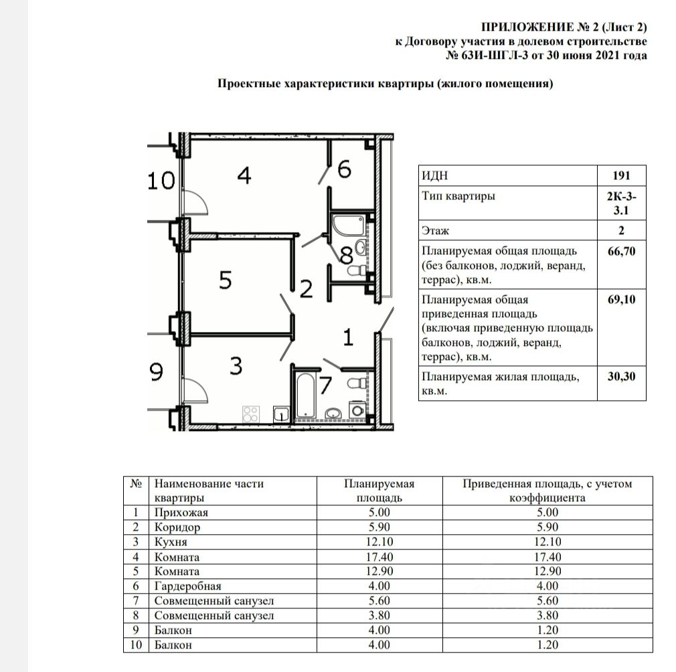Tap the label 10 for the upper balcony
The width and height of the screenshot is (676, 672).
(x=161, y=181)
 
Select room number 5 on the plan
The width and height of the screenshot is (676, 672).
(x=226, y=280)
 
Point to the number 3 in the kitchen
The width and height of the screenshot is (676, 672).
(x=235, y=367)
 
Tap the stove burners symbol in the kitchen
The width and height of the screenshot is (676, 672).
(x=250, y=414)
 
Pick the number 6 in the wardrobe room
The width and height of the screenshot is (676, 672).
(x=344, y=170)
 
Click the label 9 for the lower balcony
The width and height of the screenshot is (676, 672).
(x=157, y=372)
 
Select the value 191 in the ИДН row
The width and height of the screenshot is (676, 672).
(x=622, y=176)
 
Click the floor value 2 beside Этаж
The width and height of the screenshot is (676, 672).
(x=622, y=231)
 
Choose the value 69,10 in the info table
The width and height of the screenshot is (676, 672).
(x=622, y=299)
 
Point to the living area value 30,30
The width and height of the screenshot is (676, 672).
(x=622, y=377)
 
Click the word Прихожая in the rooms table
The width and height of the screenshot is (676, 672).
(x=181, y=513)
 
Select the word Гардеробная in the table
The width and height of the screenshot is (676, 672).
(x=187, y=586)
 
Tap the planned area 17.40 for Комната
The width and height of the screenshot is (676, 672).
(x=379, y=557)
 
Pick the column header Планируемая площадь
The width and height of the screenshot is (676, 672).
(x=379, y=491)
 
